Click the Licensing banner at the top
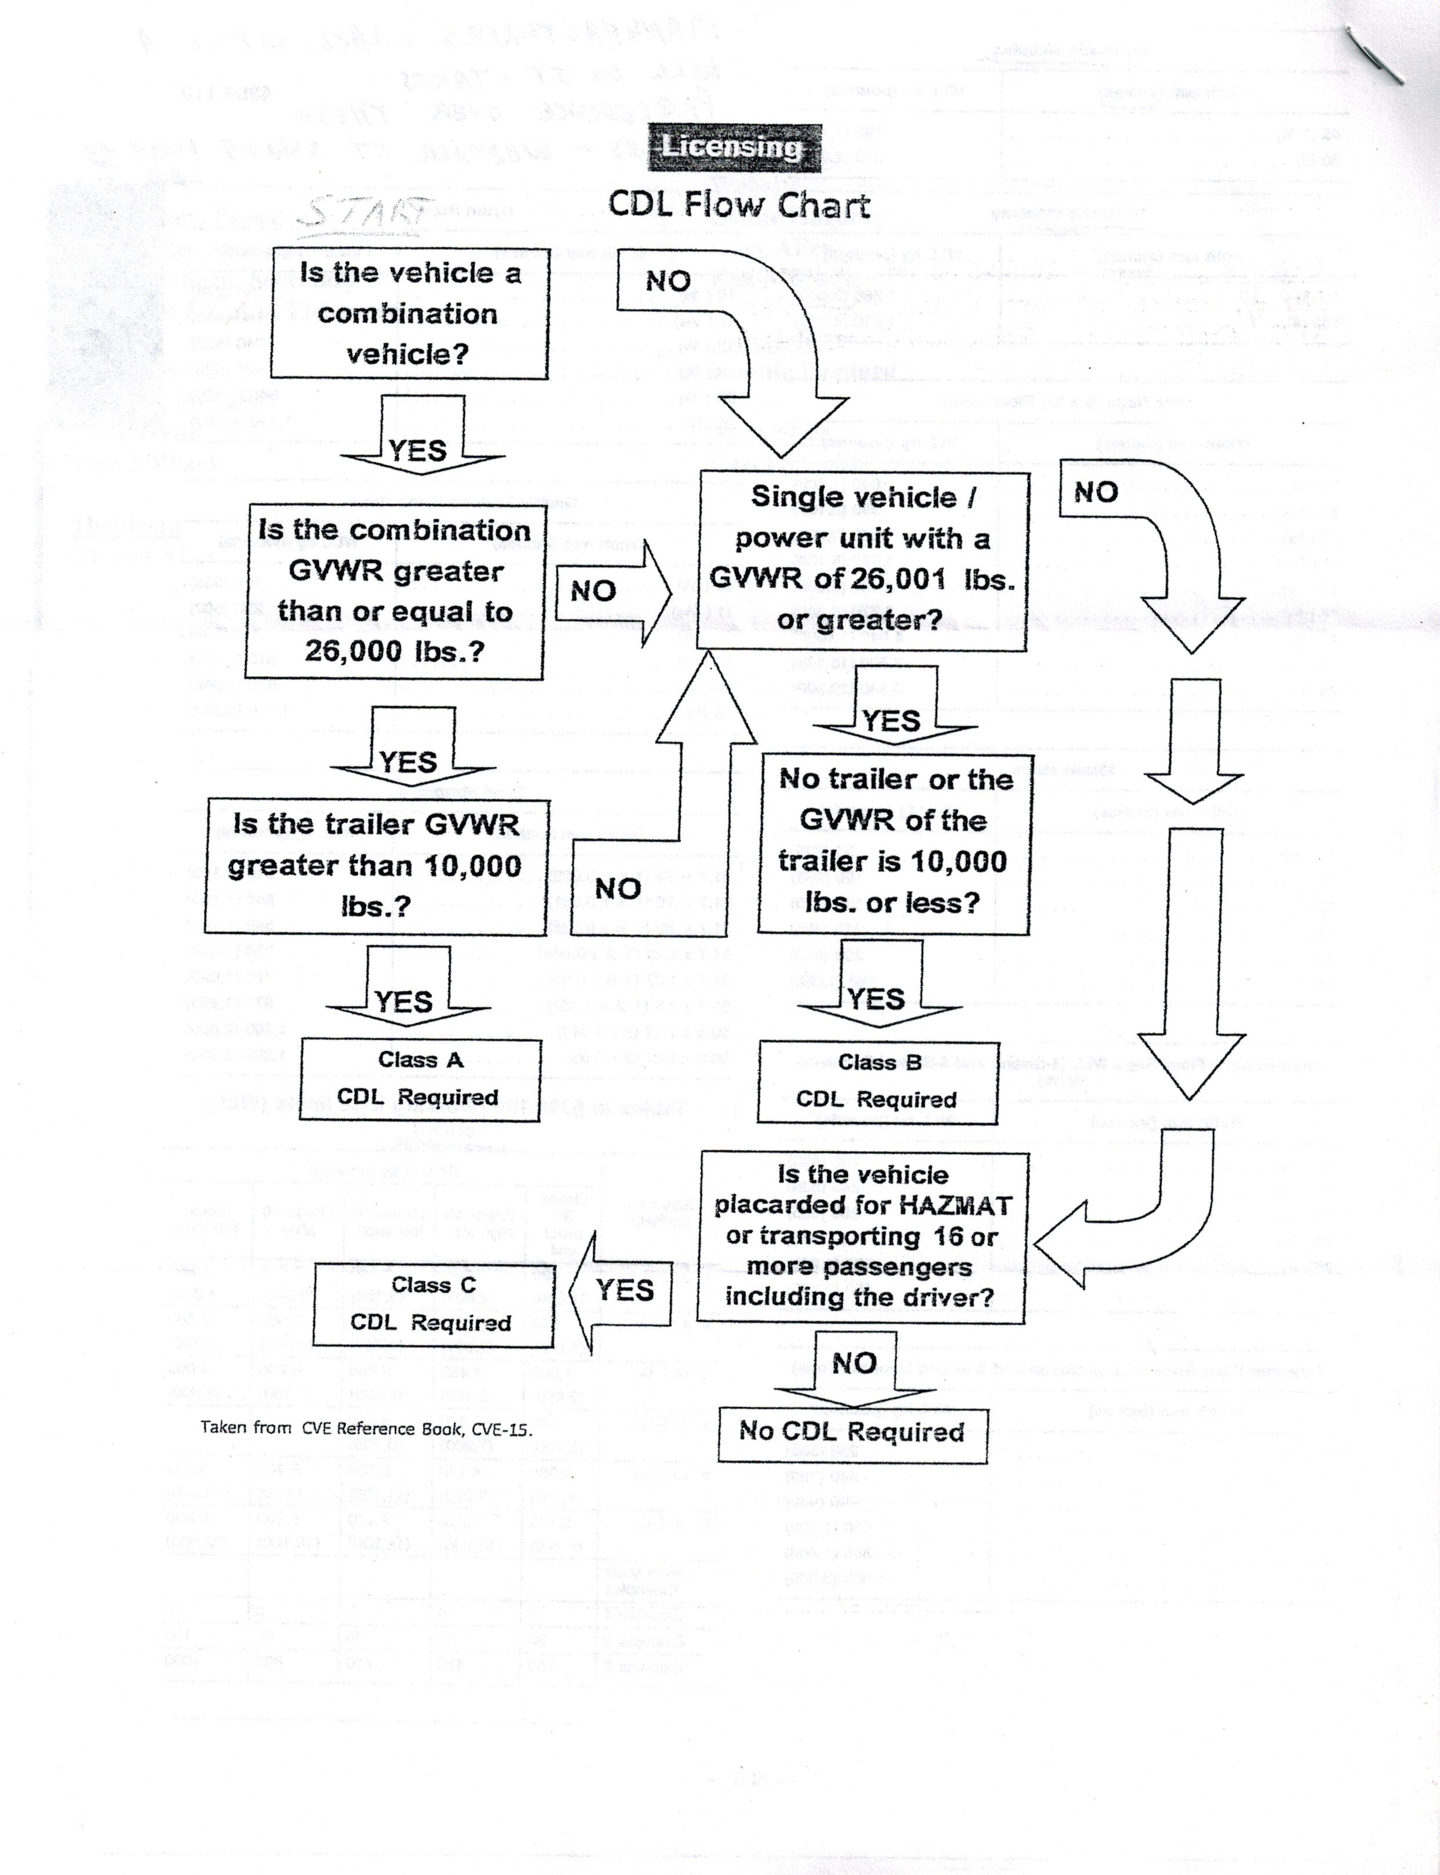(x=734, y=147)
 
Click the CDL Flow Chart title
(x=739, y=205)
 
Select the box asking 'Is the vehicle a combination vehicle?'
(x=409, y=314)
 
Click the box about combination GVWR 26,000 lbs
(x=394, y=591)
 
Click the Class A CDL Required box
(x=420, y=1079)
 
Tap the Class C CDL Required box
(x=432, y=1304)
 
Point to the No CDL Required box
(x=852, y=1432)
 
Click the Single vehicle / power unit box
(x=861, y=559)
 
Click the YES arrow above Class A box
(x=404, y=995)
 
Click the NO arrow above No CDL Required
(x=854, y=1363)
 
